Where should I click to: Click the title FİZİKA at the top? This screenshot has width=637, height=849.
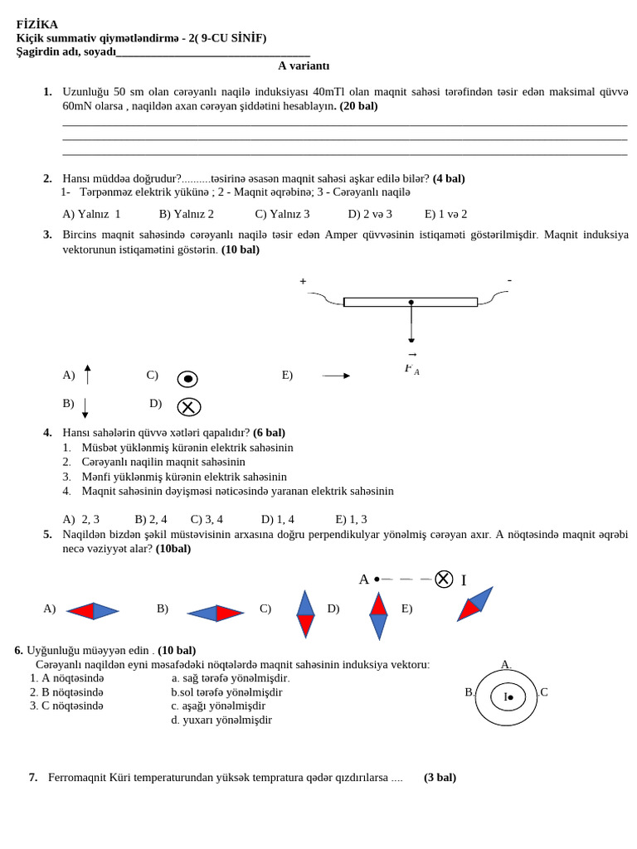pyautogui.click(x=37, y=24)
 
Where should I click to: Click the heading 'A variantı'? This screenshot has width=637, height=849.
pyautogui.click(x=304, y=65)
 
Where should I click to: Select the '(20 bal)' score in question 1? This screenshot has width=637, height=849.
pyautogui.click(x=358, y=106)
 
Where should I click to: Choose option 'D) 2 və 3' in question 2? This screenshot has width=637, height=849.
pyautogui.click(x=370, y=214)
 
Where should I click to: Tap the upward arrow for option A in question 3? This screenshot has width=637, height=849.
pyautogui.click(x=87, y=375)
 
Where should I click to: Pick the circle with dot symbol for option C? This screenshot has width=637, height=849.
pyautogui.click(x=187, y=379)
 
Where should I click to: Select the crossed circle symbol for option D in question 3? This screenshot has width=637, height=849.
pyautogui.click(x=188, y=407)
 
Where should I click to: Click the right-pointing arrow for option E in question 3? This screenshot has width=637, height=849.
pyautogui.click(x=336, y=376)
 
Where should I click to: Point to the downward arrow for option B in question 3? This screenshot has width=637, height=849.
pyautogui.click(x=85, y=407)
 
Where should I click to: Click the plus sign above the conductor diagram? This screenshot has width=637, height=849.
pyautogui.click(x=303, y=282)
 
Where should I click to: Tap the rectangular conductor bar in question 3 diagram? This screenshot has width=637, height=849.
pyautogui.click(x=410, y=302)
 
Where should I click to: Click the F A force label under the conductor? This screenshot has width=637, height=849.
pyautogui.click(x=411, y=368)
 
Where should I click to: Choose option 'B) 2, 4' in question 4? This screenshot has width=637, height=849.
pyautogui.click(x=151, y=519)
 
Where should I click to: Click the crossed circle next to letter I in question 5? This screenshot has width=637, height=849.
pyautogui.click(x=444, y=579)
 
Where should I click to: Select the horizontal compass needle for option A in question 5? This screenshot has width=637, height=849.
pyautogui.click(x=93, y=611)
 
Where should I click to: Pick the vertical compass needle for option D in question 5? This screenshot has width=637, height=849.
pyautogui.click(x=378, y=615)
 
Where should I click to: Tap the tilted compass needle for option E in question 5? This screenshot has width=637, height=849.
pyautogui.click(x=474, y=604)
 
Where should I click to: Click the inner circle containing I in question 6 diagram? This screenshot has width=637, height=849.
pyautogui.click(x=508, y=696)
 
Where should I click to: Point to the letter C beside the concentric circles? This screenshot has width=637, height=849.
pyautogui.click(x=544, y=692)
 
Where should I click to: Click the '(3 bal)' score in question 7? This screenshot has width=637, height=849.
pyautogui.click(x=440, y=778)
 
